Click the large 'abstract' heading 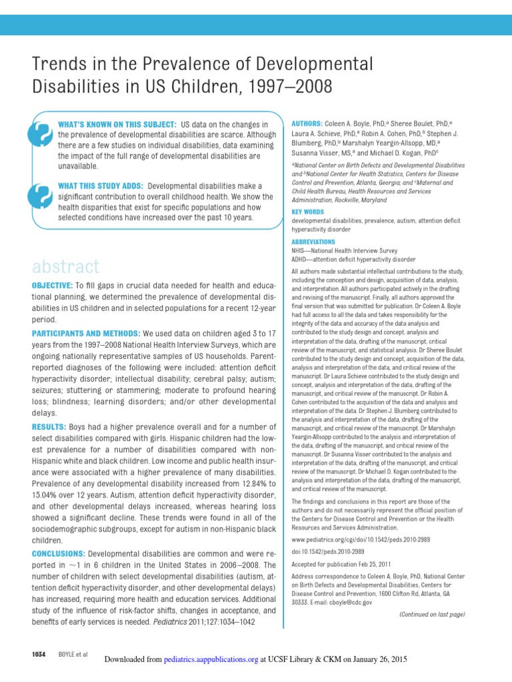[x=65, y=267]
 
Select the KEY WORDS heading [x=308, y=212]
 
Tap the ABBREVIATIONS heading [x=313, y=241]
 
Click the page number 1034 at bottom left [x=38, y=655]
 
